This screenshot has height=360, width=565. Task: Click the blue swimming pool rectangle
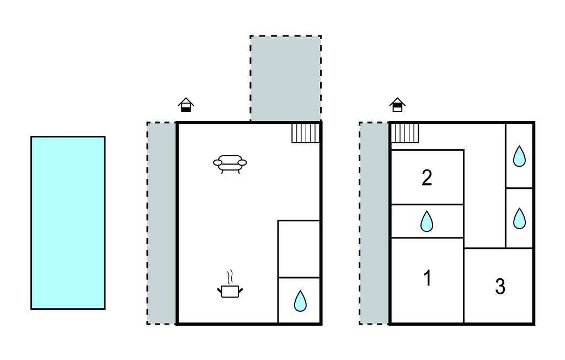tap(68, 223)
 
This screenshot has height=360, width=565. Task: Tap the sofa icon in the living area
tap(230, 163)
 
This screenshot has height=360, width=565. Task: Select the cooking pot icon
tap(230, 290)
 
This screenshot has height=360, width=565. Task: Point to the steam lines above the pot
tap(231, 276)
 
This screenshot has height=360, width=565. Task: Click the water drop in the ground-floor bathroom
tap(300, 301)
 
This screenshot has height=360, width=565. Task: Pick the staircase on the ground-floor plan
tap(306, 133)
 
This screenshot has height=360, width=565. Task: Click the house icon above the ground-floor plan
tap(186, 105)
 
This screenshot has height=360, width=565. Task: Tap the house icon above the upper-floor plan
tap(397, 104)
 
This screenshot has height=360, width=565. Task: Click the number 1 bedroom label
tap(427, 279)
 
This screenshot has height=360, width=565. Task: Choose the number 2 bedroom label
tap(427, 178)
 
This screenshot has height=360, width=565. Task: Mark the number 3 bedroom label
tap(500, 287)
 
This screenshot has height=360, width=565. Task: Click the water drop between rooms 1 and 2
tap(427, 222)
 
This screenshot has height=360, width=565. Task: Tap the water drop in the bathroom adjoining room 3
tap(519, 218)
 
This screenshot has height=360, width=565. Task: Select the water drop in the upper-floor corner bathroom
tap(519, 156)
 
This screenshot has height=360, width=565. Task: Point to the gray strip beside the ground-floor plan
tap(162, 223)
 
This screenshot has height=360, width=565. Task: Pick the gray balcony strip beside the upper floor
tap(374, 223)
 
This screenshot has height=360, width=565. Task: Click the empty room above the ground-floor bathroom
tap(299, 248)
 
